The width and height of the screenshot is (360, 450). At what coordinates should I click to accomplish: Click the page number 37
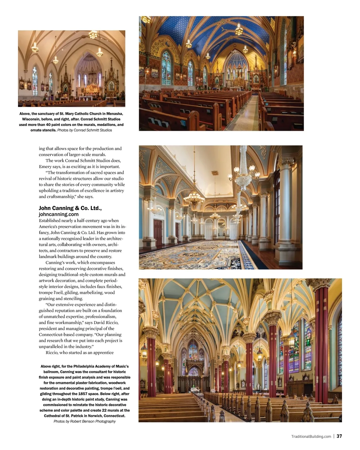tap(339, 436)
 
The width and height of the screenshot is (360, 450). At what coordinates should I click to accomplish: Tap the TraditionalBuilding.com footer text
tap(311, 436)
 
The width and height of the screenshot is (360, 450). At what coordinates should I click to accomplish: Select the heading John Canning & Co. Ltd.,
tap(70, 208)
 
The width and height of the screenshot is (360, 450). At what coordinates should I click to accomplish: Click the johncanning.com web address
tap(58, 214)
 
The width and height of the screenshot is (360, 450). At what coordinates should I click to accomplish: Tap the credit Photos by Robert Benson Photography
tap(85, 421)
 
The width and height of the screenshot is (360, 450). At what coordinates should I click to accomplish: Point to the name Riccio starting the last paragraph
tap(52, 352)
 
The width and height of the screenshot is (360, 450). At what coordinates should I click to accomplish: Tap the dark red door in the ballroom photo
tap(158, 232)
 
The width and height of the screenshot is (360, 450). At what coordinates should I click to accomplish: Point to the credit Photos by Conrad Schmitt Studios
tap(85, 130)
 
